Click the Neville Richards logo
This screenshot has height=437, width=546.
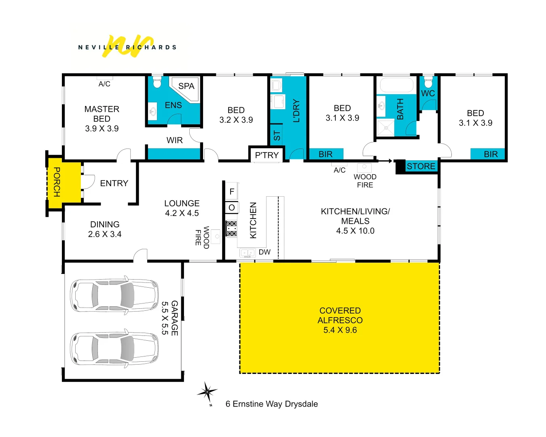pos(127,47)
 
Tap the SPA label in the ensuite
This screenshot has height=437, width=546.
pos(186,86)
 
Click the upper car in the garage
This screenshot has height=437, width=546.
pos(114,294)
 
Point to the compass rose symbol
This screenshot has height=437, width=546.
pos(207,392)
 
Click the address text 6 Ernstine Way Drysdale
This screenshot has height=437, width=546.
pos(271,404)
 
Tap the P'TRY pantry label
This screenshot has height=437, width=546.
pos(267,155)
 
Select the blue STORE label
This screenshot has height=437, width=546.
pos(421,166)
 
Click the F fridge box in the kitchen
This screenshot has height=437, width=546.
pos(232,192)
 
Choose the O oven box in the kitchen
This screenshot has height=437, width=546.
pos(232,208)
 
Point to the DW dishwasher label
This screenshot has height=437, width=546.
pos(265,252)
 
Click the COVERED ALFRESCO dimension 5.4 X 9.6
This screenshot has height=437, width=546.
pos(340,330)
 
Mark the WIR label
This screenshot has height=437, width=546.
pos(174,140)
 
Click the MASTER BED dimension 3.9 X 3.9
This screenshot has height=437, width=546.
pos(102,129)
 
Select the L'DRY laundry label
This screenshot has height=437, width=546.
pos(296,111)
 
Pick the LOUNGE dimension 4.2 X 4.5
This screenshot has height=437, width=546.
pos(182,213)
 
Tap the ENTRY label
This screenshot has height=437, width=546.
pos(114,183)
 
